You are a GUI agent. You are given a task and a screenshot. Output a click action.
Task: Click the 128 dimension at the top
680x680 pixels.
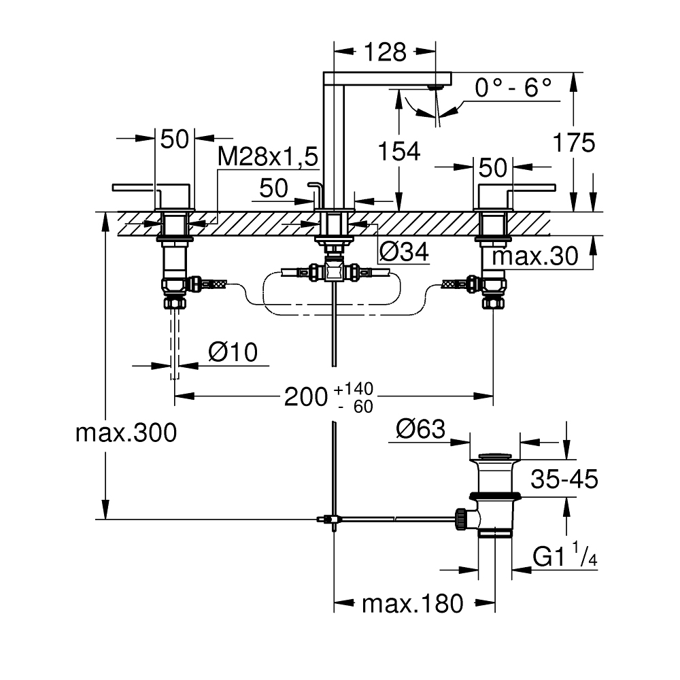(386, 52)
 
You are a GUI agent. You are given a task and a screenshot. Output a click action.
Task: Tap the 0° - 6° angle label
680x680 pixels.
(513, 88)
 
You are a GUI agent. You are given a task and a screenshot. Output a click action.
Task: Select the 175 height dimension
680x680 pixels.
(573, 143)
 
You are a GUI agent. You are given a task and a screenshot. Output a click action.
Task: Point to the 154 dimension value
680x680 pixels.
(398, 152)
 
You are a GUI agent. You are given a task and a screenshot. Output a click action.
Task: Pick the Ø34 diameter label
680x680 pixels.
(404, 253)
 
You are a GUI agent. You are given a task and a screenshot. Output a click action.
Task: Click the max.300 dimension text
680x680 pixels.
(126, 432)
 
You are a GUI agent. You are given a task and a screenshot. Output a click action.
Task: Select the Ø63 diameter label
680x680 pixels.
(420, 429)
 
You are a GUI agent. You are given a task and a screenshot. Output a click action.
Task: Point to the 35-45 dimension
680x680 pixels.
(564, 479)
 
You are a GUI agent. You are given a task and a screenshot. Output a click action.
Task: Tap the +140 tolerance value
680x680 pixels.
(354, 389)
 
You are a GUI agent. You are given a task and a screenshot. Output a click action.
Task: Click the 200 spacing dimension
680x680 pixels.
(306, 397)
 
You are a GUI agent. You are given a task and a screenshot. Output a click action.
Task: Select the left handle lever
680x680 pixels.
(136, 186)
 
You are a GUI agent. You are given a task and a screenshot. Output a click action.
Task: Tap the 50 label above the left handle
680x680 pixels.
(174, 139)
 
